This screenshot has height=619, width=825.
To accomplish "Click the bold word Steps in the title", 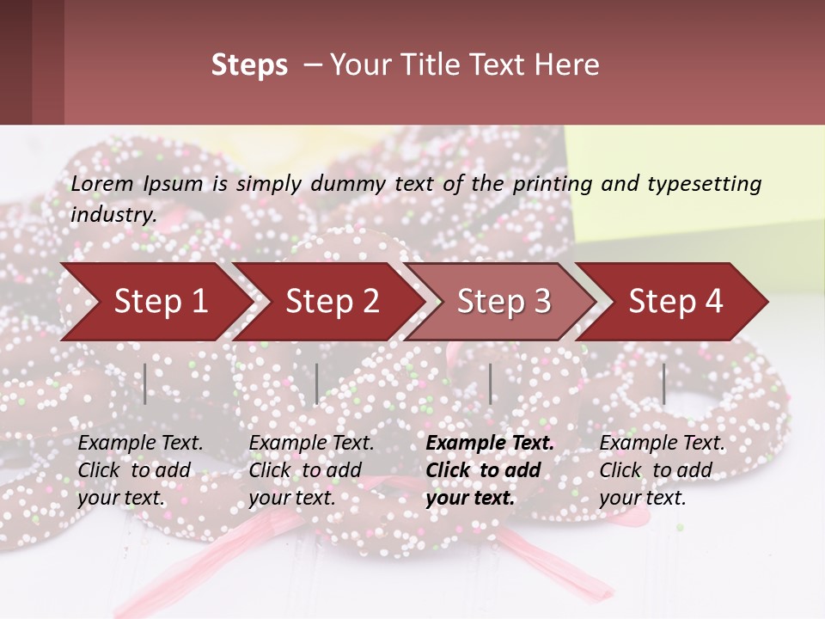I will (x=249, y=65).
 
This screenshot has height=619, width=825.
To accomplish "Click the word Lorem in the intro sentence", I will (x=101, y=183).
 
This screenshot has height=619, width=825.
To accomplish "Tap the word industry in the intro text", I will (x=113, y=214).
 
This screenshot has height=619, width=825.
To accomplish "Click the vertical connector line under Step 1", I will (x=145, y=384).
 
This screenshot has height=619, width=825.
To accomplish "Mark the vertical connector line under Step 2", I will (x=317, y=384).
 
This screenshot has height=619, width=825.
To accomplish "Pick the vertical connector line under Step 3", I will (x=491, y=384).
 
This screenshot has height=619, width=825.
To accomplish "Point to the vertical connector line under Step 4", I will (x=664, y=384).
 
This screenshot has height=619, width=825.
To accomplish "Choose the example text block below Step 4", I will (x=662, y=470).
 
